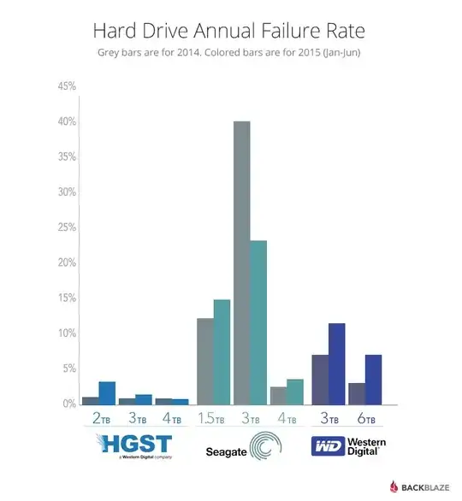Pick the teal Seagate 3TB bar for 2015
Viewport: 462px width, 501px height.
click(x=258, y=322)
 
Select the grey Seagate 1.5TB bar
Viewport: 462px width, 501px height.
click(x=205, y=361)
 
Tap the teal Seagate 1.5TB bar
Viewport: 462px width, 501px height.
click(x=222, y=351)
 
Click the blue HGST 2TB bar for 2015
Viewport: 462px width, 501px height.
click(x=107, y=392)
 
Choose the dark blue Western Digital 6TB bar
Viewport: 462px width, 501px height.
click(x=373, y=379)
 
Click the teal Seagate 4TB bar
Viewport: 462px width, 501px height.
click(x=295, y=391)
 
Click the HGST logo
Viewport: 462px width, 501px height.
click(x=135, y=445)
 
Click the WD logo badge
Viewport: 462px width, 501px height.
click(x=327, y=445)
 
